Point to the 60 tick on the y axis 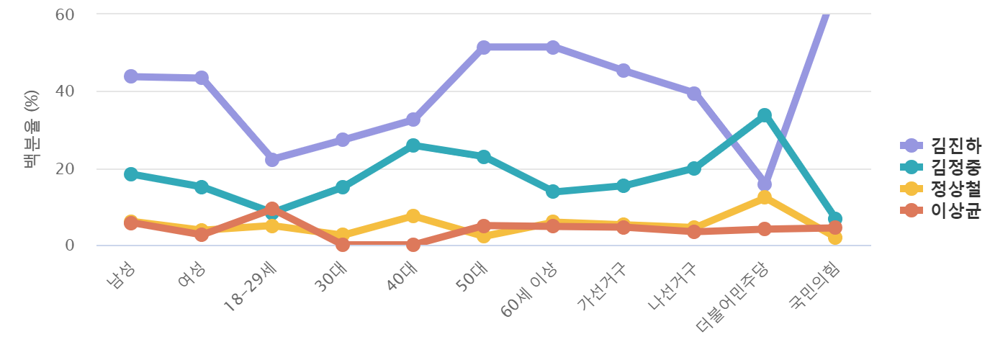click(x=65, y=14)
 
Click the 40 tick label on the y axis click(x=65, y=91)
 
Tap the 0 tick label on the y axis click(x=69, y=246)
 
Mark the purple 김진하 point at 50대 click(x=483, y=48)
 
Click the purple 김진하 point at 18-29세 click(x=272, y=160)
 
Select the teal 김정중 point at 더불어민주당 click(x=765, y=115)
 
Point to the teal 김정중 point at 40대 click(x=413, y=145)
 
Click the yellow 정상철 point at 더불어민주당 click(x=765, y=197)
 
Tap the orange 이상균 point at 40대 click(x=413, y=245)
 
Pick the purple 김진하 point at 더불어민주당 click(x=765, y=184)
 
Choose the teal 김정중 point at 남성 click(x=131, y=174)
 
